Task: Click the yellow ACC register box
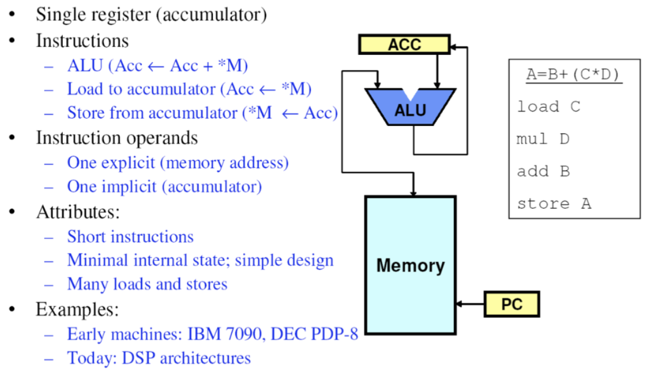click(404, 45)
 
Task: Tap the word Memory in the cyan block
click(410, 265)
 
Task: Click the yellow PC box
click(511, 304)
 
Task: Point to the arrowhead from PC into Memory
click(459, 304)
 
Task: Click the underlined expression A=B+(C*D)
click(574, 75)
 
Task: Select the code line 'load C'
click(548, 107)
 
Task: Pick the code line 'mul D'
click(543, 139)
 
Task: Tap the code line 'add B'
click(543, 171)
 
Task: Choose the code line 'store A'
click(553, 204)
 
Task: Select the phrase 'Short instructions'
click(130, 237)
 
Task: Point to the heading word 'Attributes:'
click(78, 212)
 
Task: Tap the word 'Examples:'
click(77, 309)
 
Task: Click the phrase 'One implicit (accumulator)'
click(164, 187)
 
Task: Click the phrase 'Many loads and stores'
click(147, 284)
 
